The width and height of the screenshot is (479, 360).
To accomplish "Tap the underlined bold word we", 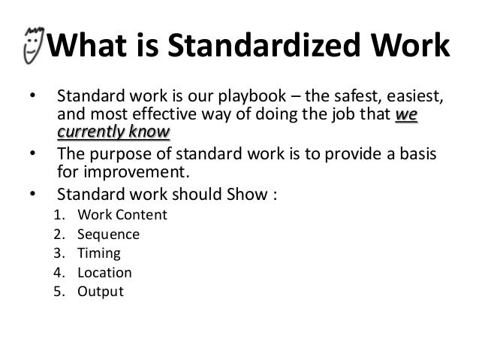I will (406, 117).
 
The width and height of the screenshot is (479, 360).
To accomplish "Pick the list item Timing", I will (98, 253).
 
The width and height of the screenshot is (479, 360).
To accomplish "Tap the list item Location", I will (104, 272).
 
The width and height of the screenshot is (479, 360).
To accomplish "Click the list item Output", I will (100, 292).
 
